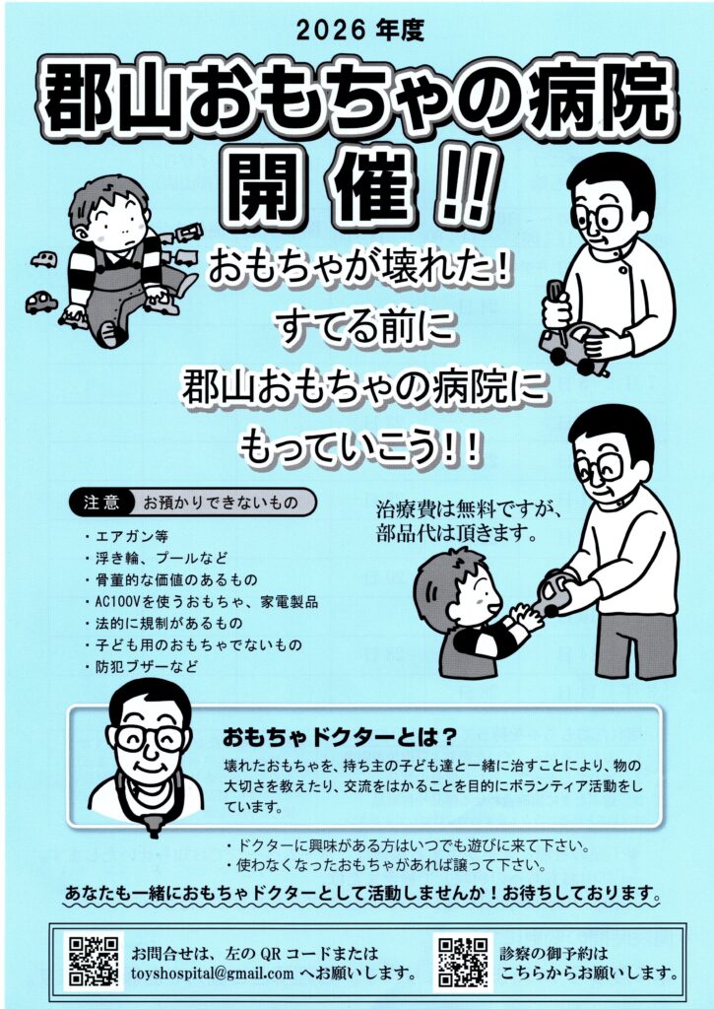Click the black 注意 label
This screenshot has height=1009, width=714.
pyautogui.click(x=101, y=502)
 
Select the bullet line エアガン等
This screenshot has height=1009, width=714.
pyautogui.click(x=127, y=537)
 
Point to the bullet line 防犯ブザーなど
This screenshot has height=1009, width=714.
pyautogui.click(x=142, y=667)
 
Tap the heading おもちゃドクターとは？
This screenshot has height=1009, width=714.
pyautogui.click(x=340, y=737)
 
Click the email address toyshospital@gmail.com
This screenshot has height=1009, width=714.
pyautogui.click(x=213, y=974)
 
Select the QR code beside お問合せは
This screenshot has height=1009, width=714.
pyautogui.click(x=94, y=962)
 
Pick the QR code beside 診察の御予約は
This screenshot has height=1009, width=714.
pyautogui.click(x=463, y=962)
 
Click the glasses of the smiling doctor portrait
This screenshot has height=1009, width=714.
pyautogui.click(x=150, y=737)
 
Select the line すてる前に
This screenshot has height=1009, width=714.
pyautogui.click(x=364, y=327)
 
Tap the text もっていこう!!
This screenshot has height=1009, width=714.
pyautogui.click(x=360, y=446)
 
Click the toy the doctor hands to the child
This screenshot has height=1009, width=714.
pyautogui.click(x=554, y=594)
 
